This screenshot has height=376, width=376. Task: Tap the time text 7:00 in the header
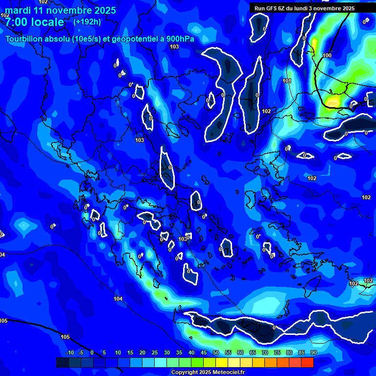coord(17,22)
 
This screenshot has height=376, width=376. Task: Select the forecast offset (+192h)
coord(87,22)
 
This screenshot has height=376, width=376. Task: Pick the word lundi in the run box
coord(307,8)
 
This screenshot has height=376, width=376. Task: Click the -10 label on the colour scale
coord(70,352)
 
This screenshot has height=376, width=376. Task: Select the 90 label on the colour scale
coord(313,352)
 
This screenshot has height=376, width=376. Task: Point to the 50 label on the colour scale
coord(215,352)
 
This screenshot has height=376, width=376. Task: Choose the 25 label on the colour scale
coord(154,352)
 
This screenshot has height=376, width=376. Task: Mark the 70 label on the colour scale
coord(264,352)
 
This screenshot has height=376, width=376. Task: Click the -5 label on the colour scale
coord(81,352)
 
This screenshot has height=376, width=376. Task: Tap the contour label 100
coord(327,55)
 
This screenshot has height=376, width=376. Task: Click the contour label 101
coord(287,81)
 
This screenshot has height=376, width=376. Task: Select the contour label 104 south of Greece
coord(118,299)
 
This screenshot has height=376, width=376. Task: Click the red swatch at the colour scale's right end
coord(307,362)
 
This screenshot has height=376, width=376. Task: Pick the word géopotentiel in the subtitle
coord(137,39)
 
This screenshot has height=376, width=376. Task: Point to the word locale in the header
coord(48,22)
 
